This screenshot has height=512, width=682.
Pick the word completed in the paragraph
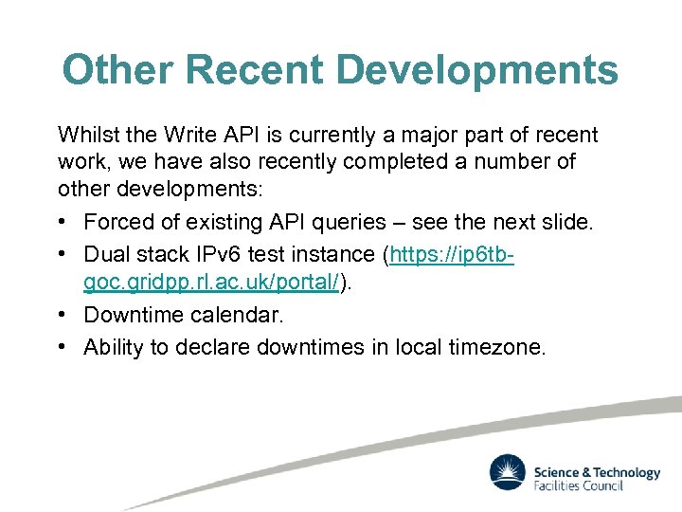tap(390, 162)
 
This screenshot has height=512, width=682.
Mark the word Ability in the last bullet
tap(114, 347)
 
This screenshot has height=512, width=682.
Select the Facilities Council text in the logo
tap(579, 486)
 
